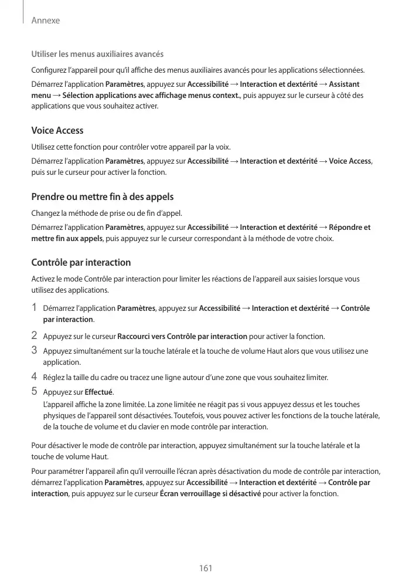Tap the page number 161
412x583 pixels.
tap(206, 568)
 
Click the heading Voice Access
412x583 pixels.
tap(57, 130)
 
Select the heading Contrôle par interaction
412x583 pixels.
tap(80, 262)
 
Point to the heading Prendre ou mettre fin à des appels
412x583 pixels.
tap(102, 196)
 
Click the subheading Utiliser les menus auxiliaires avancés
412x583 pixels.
tap(97, 55)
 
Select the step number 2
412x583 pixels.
tap(35, 336)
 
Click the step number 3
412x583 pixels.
tap(35, 351)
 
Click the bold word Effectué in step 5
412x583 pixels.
tap(98, 392)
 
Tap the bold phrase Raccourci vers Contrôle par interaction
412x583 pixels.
tap(182, 337)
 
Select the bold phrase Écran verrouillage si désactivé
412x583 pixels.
tap(210, 494)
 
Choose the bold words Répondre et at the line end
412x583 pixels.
tap(349, 228)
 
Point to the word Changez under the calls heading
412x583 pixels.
tap(46, 212)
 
